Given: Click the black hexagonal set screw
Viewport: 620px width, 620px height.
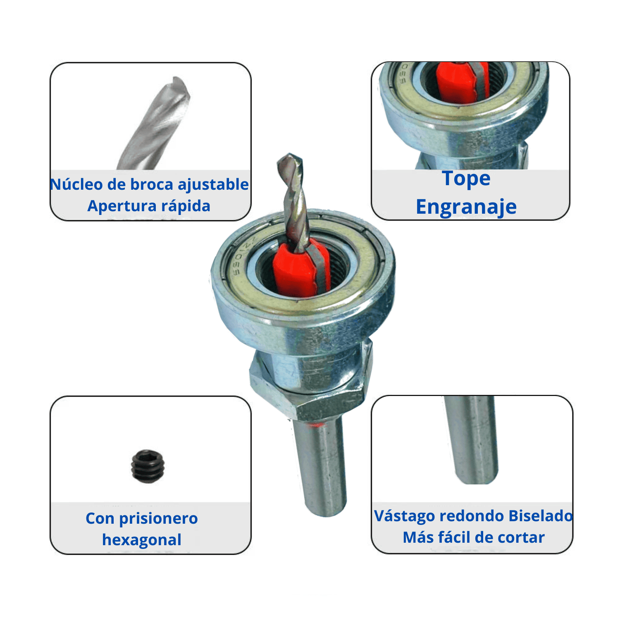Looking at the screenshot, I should point(148,466).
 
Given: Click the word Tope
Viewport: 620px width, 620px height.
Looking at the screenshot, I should point(466,179).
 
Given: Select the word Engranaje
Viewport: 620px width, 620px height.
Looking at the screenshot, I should point(466,207).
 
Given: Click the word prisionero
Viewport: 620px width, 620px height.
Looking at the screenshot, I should point(158,519).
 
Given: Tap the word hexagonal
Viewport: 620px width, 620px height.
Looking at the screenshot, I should point(142,540).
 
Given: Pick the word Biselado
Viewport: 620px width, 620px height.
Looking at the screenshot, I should point(540,516).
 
